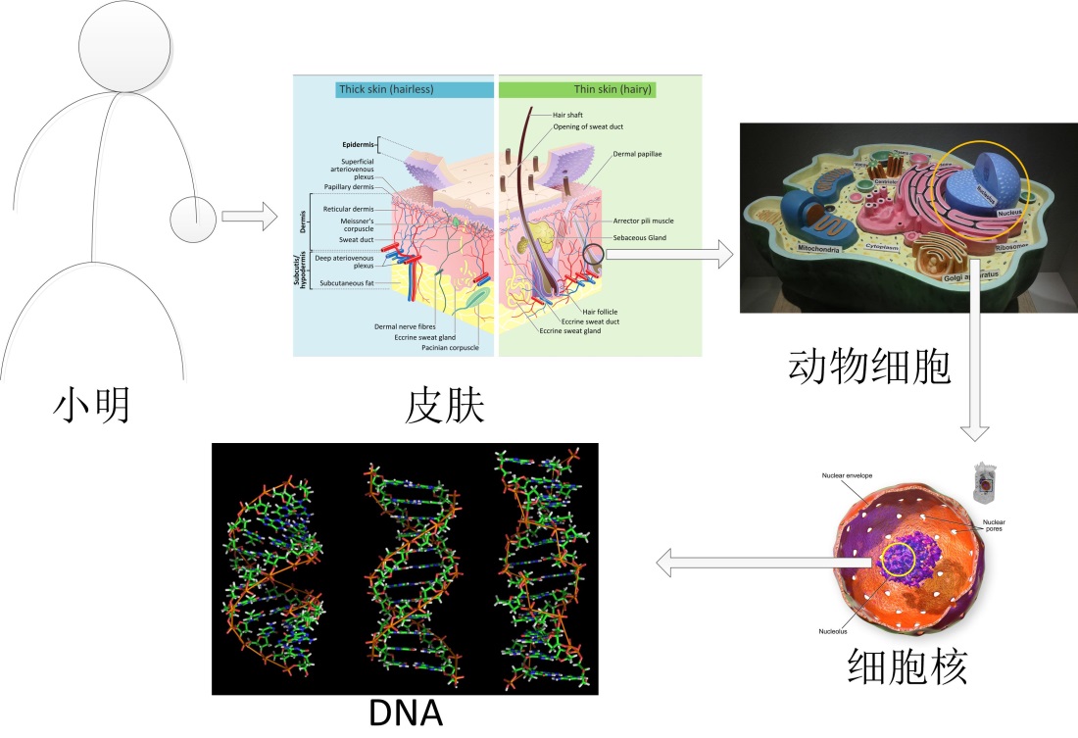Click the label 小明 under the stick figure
[92, 405]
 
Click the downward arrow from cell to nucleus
[976, 353]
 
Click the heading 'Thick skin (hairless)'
[386, 89]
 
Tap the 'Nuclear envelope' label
[847, 476]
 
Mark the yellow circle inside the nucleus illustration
[899, 560]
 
